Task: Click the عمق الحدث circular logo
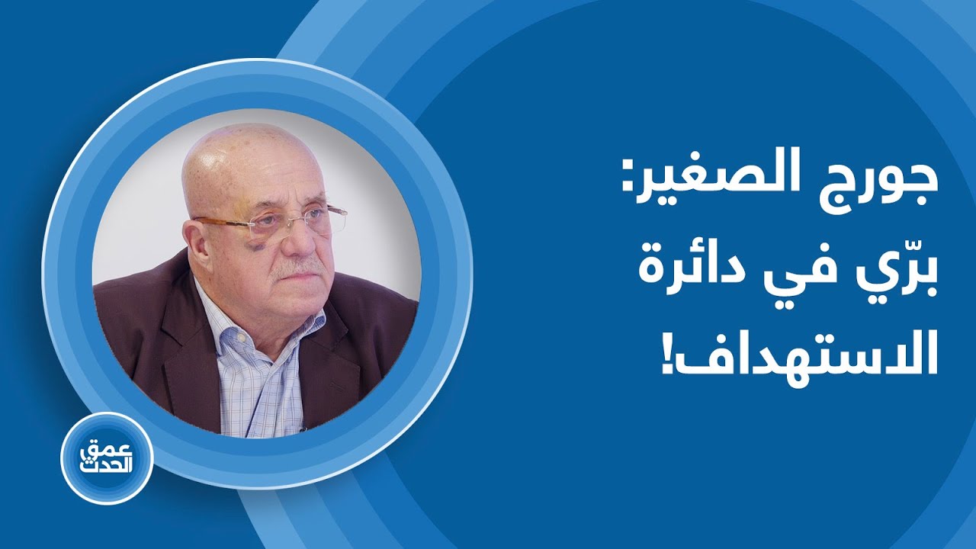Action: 107,457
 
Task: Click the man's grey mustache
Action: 301,267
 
